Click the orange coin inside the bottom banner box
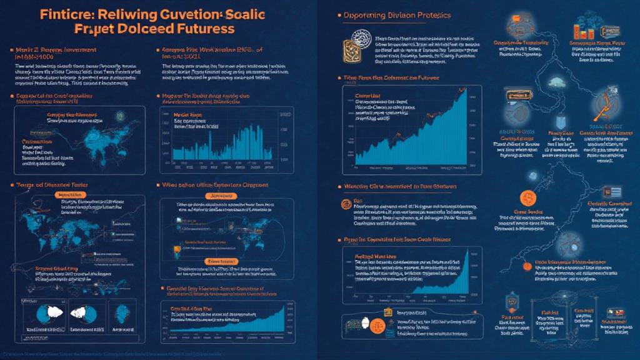(377, 326)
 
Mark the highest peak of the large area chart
(464, 92)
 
